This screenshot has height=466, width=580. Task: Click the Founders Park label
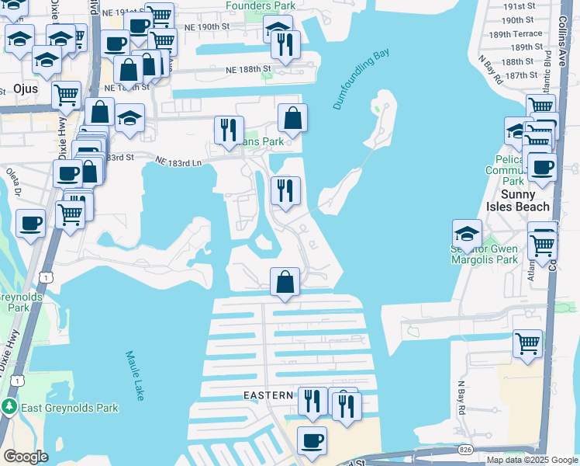click(x=261, y=6)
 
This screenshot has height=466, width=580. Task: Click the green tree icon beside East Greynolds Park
click(x=9, y=407)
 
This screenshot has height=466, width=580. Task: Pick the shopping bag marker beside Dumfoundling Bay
click(x=292, y=120)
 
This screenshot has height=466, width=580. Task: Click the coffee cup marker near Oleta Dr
click(x=31, y=224)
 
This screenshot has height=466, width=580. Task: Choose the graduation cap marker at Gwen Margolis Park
click(x=468, y=233)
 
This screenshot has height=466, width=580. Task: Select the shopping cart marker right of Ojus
click(x=67, y=96)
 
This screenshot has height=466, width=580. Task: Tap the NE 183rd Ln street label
click(x=178, y=162)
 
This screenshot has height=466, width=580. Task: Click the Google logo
click(x=25, y=457)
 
